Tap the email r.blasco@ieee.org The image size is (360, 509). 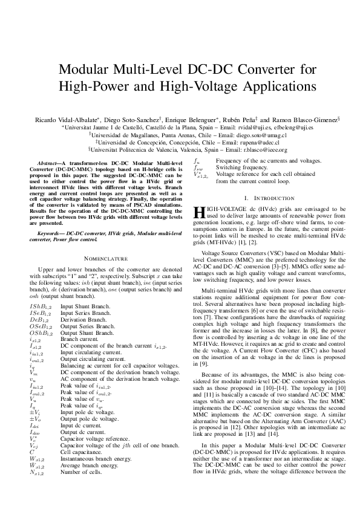[252, 151]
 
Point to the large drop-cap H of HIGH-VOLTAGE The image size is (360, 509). [196, 212]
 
